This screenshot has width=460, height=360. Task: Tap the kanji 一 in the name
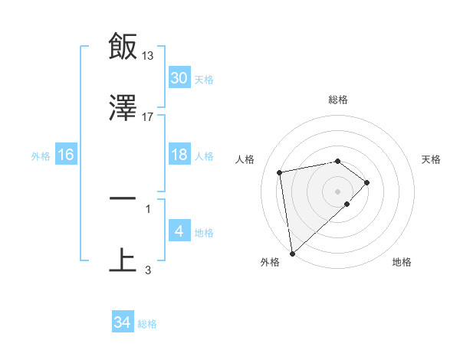tap(123, 198)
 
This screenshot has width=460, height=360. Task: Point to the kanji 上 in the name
tap(123, 259)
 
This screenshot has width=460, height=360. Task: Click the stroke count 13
tap(148, 55)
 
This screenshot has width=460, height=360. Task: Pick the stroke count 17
tap(148, 116)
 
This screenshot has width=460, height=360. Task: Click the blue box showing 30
tap(179, 78)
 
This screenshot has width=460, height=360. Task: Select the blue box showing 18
tap(179, 155)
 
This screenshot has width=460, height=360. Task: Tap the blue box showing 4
tap(179, 231)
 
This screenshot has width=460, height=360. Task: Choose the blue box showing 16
tap(66, 155)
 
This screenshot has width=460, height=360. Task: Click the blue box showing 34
tap(123, 322)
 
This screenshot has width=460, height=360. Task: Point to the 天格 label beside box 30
tap(203, 79)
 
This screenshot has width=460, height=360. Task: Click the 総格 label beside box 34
tap(147, 323)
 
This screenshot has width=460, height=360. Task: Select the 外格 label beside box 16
tap(41, 155)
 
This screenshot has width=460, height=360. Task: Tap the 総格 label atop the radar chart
tap(337, 100)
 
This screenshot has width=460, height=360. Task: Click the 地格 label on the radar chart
tap(402, 262)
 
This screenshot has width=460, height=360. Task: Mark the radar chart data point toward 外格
tap(291, 253)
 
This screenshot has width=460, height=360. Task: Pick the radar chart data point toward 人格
tap(281, 172)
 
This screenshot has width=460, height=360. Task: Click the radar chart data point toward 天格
tap(367, 182)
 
